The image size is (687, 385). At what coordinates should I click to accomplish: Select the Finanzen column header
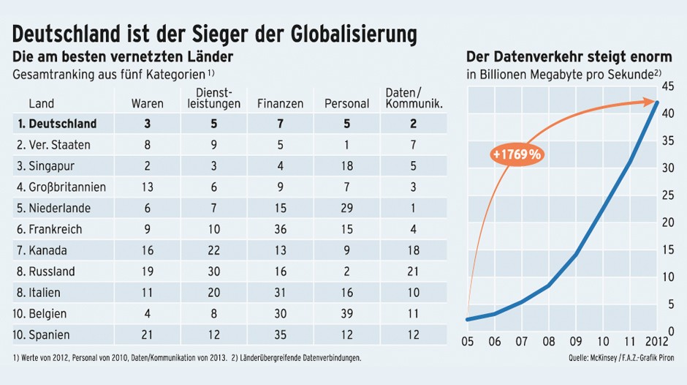[x=280, y=104]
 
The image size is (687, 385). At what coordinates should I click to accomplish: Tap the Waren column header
[x=147, y=104]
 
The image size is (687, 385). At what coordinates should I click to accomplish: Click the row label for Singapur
[x=45, y=165]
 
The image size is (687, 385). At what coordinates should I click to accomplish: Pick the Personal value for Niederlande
[x=346, y=208]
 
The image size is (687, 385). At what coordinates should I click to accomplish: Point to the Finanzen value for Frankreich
[x=280, y=229]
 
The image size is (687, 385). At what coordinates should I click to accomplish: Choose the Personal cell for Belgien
[x=346, y=314]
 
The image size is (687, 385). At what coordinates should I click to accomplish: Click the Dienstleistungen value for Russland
[x=214, y=272]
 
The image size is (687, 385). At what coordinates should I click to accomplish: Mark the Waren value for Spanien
[x=147, y=335]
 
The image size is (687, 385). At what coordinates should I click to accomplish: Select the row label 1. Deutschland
[x=56, y=123]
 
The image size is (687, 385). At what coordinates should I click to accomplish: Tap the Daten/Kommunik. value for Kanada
[x=414, y=250]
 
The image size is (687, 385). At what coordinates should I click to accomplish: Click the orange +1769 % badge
[x=516, y=154]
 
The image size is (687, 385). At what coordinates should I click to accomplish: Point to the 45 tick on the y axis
[x=667, y=86]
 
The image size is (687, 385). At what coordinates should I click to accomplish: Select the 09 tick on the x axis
[x=576, y=341]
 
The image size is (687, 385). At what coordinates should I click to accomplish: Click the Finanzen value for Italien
[x=280, y=293]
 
